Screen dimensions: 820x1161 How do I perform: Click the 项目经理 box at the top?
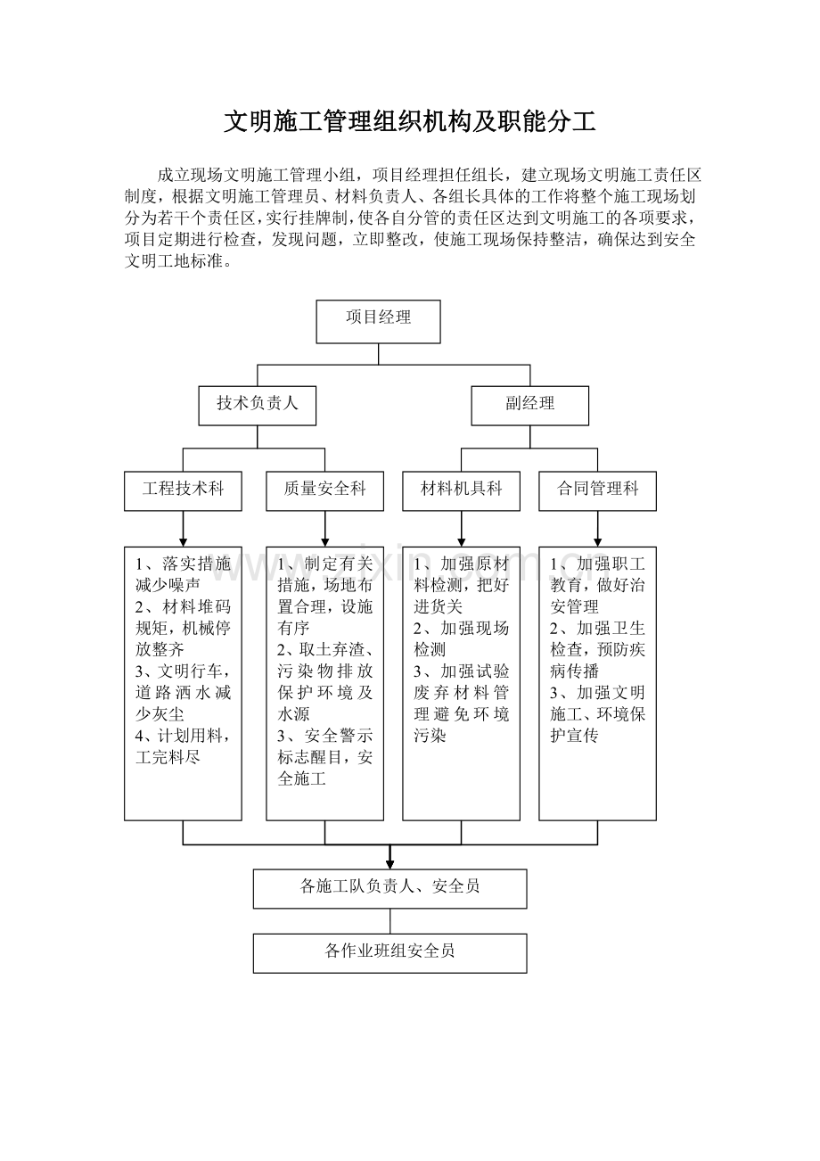point(378,321)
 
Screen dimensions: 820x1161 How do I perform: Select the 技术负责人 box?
point(257,406)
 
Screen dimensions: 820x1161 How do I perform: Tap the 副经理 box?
point(530,406)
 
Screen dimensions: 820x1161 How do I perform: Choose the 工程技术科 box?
point(183,490)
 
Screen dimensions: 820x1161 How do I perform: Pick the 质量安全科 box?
point(324,490)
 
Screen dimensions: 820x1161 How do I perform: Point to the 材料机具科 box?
point(461,490)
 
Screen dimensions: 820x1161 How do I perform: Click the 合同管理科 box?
point(597,490)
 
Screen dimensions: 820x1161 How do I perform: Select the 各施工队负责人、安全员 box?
point(390,889)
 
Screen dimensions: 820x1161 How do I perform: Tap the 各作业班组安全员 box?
point(390,953)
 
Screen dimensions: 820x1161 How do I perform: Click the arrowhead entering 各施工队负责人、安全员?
point(390,865)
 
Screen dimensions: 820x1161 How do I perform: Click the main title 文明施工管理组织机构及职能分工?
point(410,121)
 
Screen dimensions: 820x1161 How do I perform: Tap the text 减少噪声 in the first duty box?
point(168,586)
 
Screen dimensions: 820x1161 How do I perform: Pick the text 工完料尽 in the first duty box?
point(168,757)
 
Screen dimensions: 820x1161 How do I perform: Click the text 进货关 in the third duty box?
point(438,607)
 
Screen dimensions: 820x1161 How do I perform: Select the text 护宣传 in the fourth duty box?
point(574,736)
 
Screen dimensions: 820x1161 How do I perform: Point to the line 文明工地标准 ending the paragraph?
point(175,260)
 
